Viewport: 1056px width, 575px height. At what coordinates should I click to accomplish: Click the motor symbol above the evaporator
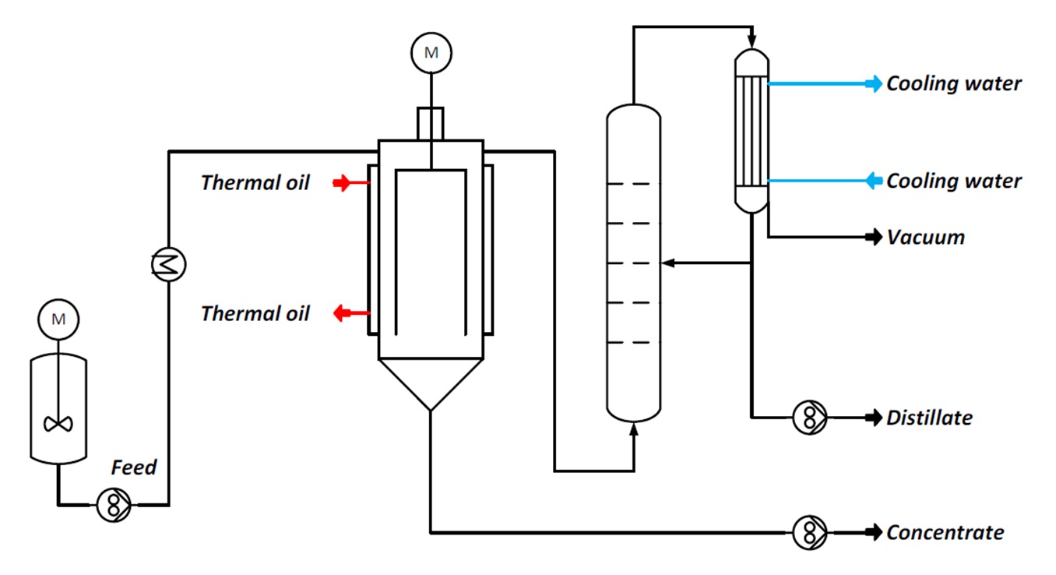click(431, 53)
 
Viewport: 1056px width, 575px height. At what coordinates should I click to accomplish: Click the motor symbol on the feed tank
click(58, 319)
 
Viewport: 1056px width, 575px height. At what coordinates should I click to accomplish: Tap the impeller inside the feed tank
click(58, 424)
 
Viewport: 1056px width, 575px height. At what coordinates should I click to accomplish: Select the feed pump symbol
click(114, 505)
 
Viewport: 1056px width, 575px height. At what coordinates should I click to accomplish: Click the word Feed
click(133, 467)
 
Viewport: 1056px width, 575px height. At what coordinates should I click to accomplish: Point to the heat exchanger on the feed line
click(168, 265)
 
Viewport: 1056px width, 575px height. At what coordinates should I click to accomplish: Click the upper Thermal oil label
click(255, 182)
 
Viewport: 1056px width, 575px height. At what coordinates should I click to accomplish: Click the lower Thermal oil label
click(255, 313)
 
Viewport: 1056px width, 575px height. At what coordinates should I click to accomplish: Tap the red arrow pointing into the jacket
click(342, 182)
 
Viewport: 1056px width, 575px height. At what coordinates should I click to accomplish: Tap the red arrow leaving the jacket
click(342, 312)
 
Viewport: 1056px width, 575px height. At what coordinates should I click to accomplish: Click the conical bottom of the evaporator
click(431, 384)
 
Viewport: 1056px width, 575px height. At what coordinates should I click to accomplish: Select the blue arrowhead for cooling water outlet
click(874, 83)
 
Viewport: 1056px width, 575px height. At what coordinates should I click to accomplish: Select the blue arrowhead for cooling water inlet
click(874, 181)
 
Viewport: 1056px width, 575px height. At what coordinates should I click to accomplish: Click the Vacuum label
click(926, 238)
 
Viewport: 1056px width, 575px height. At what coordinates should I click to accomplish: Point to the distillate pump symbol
click(809, 418)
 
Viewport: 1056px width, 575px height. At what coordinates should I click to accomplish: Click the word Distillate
click(929, 418)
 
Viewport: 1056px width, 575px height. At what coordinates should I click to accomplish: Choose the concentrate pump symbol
click(809, 532)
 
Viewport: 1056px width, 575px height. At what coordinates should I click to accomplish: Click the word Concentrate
click(945, 533)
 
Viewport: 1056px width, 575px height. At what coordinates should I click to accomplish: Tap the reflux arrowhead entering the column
click(668, 263)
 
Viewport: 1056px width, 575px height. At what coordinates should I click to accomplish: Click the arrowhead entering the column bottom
click(634, 429)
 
